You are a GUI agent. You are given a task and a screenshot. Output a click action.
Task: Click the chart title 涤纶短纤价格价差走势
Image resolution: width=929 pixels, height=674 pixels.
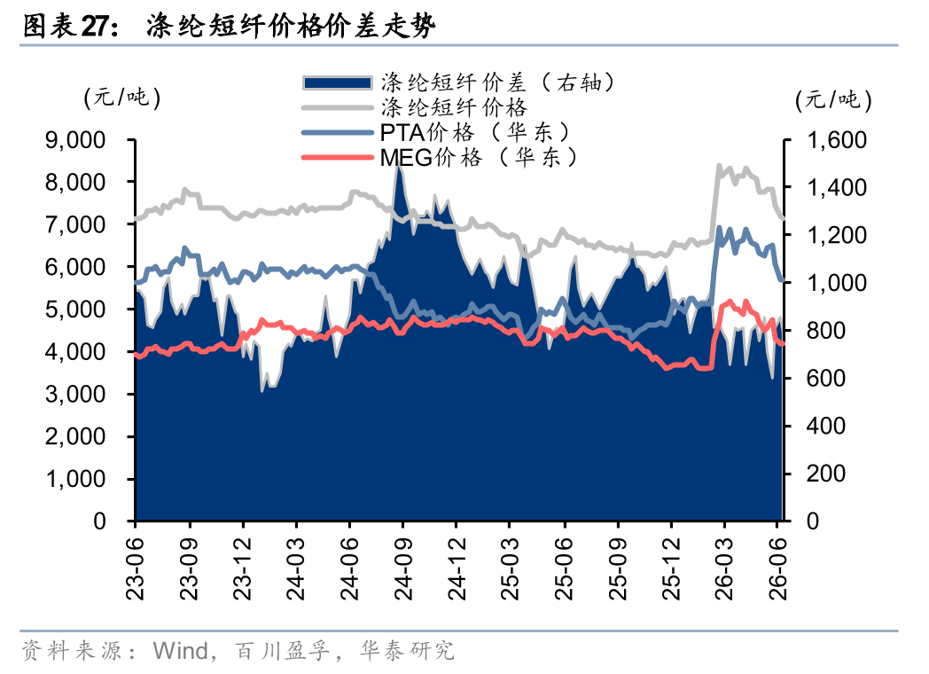(x=291, y=27)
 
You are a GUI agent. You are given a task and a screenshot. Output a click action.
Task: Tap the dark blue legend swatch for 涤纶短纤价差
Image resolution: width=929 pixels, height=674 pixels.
(x=337, y=82)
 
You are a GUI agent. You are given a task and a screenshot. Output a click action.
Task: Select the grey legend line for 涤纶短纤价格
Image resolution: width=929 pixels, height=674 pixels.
(x=337, y=107)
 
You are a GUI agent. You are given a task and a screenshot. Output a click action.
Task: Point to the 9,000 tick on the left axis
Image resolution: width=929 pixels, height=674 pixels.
(x=75, y=140)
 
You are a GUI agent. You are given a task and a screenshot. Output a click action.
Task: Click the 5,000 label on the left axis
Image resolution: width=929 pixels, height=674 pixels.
(x=75, y=310)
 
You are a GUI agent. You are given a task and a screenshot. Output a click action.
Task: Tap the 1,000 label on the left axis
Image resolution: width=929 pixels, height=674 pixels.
(x=75, y=479)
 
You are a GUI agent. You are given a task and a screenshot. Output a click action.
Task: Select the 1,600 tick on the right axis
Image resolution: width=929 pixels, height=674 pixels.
(x=837, y=140)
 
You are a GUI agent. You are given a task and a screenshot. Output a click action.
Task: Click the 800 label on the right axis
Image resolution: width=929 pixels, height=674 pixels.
(x=825, y=330)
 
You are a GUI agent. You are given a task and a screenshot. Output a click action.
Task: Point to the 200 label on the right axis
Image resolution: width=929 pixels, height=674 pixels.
(x=825, y=474)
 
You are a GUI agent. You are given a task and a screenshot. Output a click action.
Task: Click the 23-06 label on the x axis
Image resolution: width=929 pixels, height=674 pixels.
(x=136, y=568)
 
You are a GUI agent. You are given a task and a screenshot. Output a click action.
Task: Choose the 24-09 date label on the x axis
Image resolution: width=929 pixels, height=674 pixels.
(x=402, y=568)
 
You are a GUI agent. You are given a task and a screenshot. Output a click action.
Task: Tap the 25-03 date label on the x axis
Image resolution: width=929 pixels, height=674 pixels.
(x=510, y=568)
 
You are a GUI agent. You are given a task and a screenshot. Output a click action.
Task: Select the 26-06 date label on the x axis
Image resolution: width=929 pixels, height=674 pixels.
(x=778, y=568)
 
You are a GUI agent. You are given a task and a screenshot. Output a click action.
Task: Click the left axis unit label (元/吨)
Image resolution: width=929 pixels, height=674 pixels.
(x=122, y=98)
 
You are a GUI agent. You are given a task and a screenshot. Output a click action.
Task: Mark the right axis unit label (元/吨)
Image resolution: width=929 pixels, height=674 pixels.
(x=833, y=99)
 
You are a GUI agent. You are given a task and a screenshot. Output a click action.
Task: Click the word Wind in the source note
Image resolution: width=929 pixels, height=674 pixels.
(x=181, y=651)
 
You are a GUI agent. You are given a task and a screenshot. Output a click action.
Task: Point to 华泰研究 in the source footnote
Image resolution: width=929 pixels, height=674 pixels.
(x=407, y=651)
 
